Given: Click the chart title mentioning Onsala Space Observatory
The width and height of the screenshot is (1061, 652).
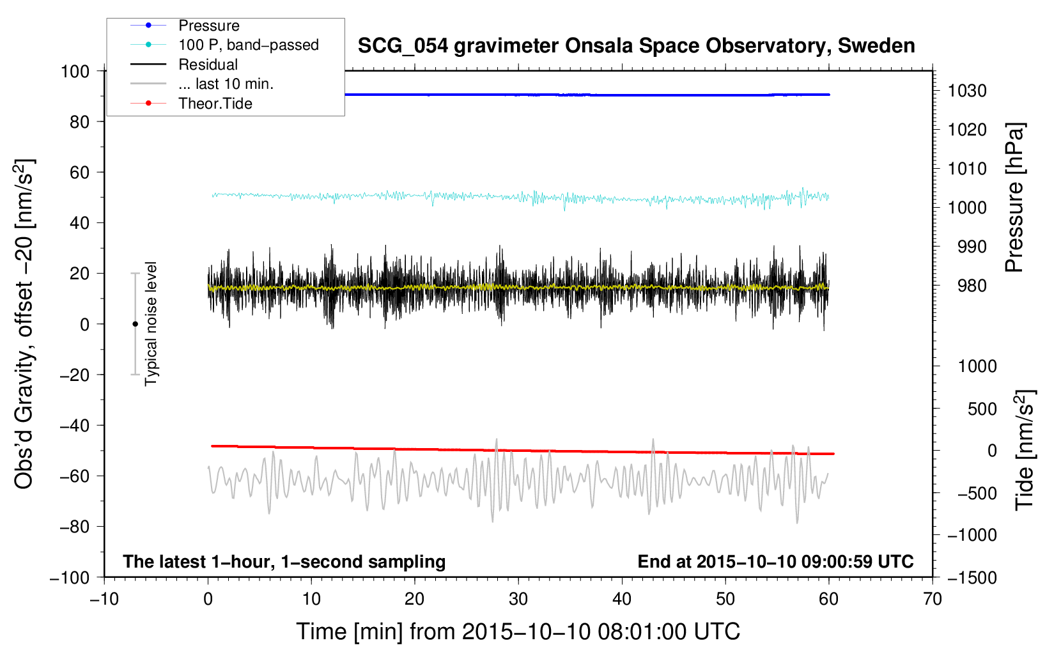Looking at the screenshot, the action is click(636, 46).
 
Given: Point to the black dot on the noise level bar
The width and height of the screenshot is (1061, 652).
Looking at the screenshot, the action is click(135, 324).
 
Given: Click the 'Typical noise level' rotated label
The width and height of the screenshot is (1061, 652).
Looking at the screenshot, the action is click(151, 324).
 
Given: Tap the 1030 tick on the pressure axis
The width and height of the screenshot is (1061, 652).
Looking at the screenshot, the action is click(967, 91).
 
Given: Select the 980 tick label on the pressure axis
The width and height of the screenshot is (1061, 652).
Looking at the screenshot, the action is click(972, 286).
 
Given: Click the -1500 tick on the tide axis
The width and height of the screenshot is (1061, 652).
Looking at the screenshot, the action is click(972, 578).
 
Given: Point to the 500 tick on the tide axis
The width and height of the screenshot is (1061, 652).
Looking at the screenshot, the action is click(982, 408).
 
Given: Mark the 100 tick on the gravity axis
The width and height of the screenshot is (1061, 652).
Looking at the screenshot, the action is click(75, 72).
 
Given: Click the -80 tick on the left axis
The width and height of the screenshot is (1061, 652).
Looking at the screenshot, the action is click(74, 527).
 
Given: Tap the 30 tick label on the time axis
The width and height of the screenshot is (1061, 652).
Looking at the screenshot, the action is click(518, 599).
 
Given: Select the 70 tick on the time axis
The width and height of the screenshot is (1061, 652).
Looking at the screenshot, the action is click(932, 599).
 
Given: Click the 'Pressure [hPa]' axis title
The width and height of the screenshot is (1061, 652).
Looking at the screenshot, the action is click(1014, 198).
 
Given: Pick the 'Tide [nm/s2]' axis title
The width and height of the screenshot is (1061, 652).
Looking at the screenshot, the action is click(1025, 450).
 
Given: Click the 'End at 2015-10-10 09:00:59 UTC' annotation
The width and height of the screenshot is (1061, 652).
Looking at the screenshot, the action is click(775, 561).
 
